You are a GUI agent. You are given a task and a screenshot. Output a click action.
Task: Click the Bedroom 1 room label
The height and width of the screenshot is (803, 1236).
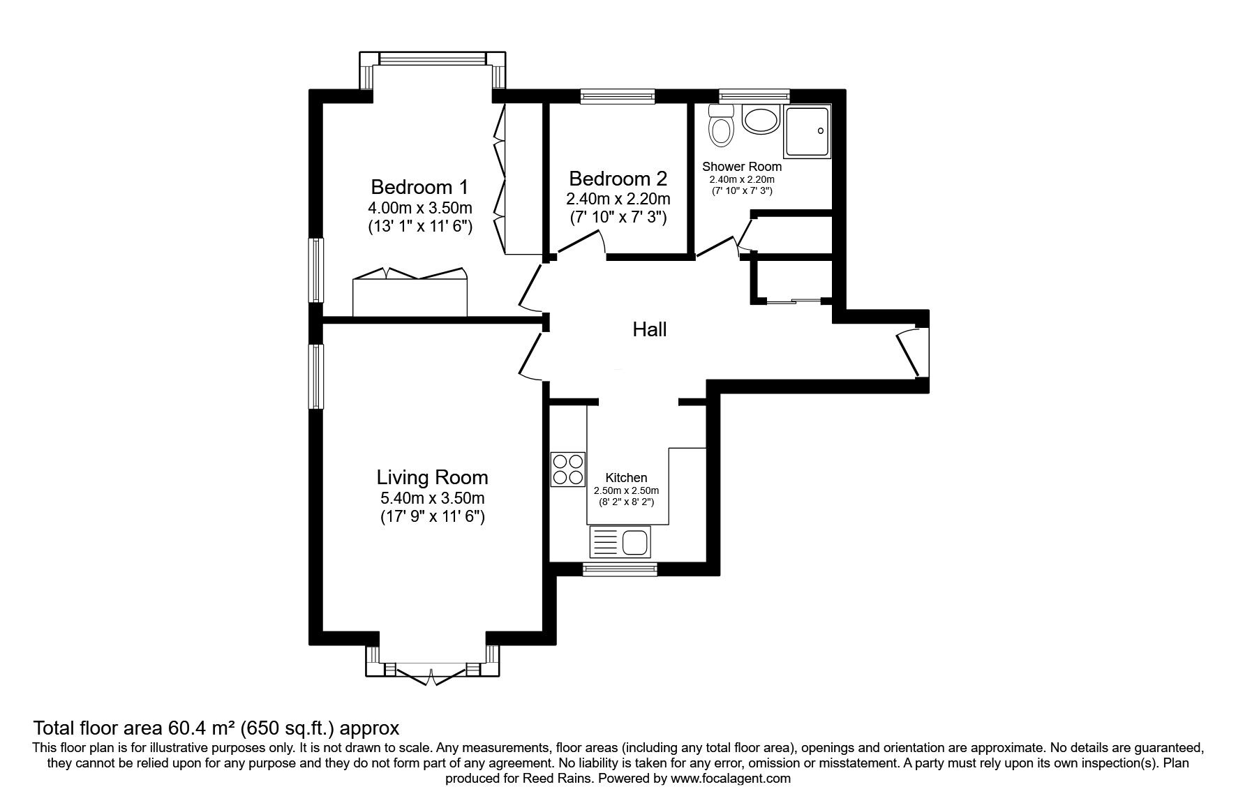coord(419,187)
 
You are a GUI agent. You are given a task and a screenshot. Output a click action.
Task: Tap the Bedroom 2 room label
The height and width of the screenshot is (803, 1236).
coord(618,178)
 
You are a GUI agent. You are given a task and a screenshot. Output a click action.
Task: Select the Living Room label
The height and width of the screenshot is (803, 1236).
coord(432,477)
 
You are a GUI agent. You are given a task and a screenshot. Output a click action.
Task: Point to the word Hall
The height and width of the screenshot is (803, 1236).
coord(650,329)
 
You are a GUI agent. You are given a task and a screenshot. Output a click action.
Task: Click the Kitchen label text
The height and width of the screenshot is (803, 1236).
coord(626,478)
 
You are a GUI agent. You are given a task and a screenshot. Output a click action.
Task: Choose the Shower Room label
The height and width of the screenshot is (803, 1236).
coord(742,167)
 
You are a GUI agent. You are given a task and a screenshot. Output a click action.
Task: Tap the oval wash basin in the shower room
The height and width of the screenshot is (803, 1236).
coord(760,119)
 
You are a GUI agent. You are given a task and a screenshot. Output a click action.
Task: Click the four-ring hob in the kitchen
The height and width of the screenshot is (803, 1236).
coord(567,470)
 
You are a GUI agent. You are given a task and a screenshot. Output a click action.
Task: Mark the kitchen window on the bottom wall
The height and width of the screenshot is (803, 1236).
coord(620,570)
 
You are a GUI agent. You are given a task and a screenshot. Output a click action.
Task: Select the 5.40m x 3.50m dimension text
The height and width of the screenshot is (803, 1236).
coord(432,498)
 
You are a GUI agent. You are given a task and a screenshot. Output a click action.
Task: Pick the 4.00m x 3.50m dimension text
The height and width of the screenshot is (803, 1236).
coord(420,208)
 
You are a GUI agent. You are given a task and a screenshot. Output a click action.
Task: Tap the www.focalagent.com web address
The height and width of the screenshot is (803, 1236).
coord(731,778)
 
